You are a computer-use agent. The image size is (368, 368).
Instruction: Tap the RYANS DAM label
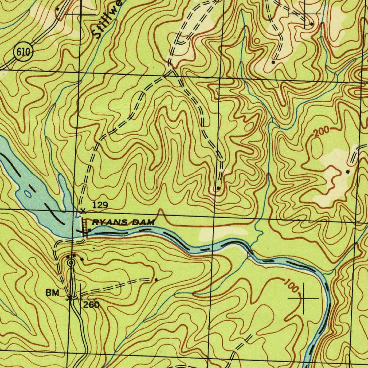123,223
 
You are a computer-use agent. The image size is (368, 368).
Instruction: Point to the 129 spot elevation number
100,205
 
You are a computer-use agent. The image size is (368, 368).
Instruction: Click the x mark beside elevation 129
83,211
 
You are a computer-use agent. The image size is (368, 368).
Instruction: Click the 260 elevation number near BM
91,305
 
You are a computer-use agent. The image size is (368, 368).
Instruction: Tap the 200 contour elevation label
321,132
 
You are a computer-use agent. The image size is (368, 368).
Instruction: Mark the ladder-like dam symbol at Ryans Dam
85,227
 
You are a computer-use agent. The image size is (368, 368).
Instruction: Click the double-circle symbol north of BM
71,263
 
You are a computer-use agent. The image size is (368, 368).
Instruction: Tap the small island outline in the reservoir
28,194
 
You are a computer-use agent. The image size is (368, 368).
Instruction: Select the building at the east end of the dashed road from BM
156,279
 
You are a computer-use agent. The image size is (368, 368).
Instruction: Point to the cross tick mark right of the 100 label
304,298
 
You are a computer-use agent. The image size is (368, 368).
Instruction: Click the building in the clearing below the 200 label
347,172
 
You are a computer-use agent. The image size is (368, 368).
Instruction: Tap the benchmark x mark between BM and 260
70,298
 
